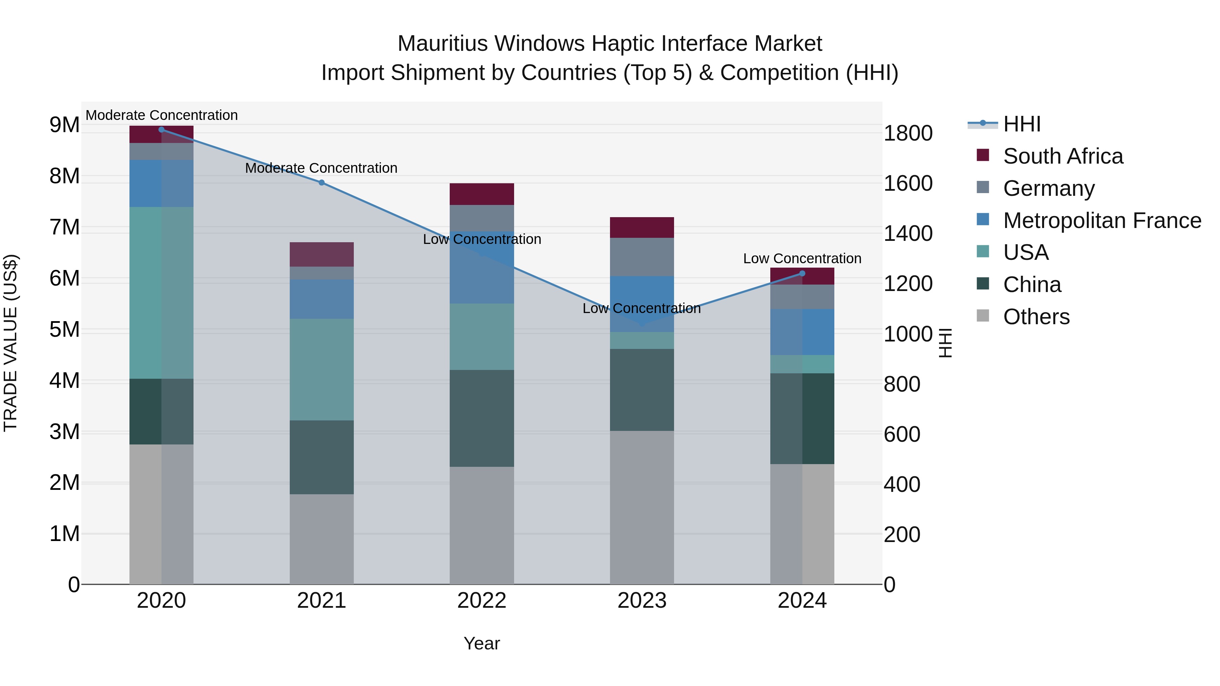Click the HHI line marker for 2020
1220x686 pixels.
point(162,130)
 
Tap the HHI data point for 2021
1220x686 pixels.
point(322,183)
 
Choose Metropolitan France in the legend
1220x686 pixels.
point(1102,221)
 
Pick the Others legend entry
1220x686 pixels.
point(1036,317)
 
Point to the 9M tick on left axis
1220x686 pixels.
point(64,125)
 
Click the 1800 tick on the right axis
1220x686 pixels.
point(908,133)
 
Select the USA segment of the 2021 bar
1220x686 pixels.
point(322,369)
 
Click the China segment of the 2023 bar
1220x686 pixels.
point(642,390)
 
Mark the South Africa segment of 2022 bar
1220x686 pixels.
point(482,194)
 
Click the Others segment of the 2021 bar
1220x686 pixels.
point(322,539)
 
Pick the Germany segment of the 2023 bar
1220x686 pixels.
point(642,256)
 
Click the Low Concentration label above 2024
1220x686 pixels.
point(802,259)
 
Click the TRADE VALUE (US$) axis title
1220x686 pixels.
point(11,343)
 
